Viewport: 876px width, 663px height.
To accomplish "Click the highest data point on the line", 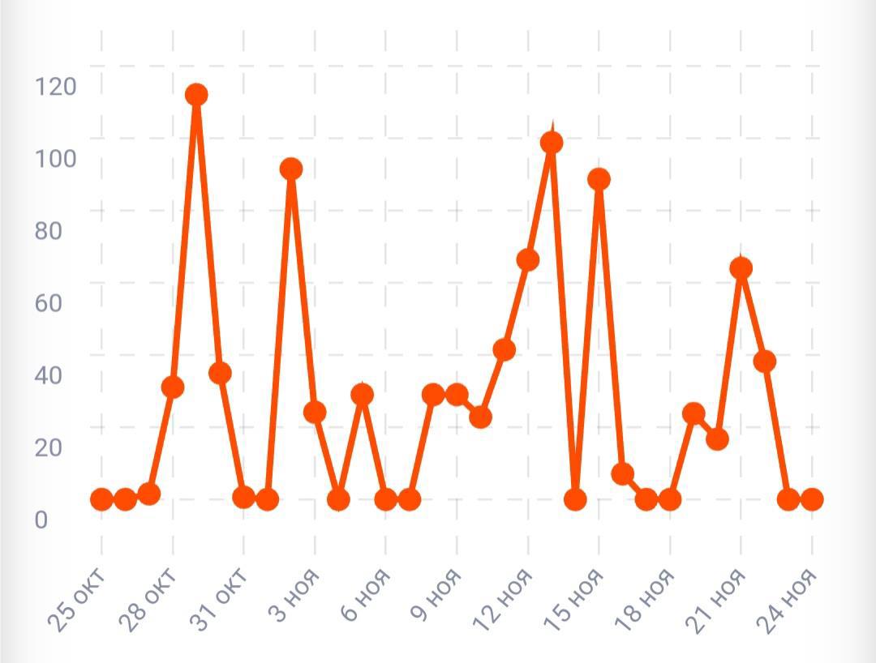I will coord(195,95).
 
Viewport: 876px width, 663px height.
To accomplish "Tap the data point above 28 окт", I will coord(172,387).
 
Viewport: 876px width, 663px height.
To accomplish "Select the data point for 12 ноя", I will coord(527,260).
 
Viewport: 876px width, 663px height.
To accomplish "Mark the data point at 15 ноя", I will coord(599,179).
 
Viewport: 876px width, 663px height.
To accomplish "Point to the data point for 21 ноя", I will coord(741,267).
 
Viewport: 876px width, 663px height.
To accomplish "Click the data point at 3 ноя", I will coord(315,412).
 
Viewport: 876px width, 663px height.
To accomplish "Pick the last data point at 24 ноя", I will coord(812,499).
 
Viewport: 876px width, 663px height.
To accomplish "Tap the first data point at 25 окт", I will coord(101,499).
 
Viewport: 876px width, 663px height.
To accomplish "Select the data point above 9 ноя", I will coord(457,395).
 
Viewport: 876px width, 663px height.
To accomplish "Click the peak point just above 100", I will coord(552,143).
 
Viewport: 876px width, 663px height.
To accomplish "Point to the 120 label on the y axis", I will coord(55,86).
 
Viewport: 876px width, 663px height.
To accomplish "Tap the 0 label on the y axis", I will coord(41,520).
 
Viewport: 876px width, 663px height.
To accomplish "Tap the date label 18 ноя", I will coord(645,596).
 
